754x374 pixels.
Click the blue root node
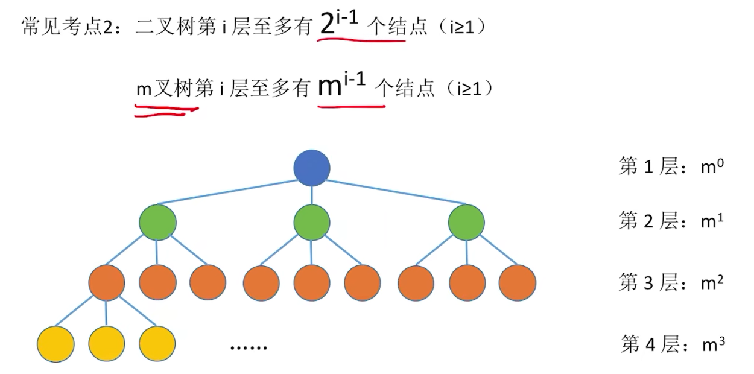coord(312,168)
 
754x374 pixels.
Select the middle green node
coord(312,222)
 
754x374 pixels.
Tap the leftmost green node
coord(157,222)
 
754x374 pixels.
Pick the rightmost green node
coord(466,222)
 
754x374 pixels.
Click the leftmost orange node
coord(106,282)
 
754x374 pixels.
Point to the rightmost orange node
coord(518,282)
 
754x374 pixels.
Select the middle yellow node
coord(106,344)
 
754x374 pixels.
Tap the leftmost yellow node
coord(55,344)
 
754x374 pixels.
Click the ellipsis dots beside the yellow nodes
coord(248,347)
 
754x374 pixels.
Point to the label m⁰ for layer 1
coord(711,166)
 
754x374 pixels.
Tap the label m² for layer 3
coord(712,282)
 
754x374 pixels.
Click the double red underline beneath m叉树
coord(166,110)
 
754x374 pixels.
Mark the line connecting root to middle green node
coord(312,195)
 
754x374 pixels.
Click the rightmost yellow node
coord(157,344)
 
